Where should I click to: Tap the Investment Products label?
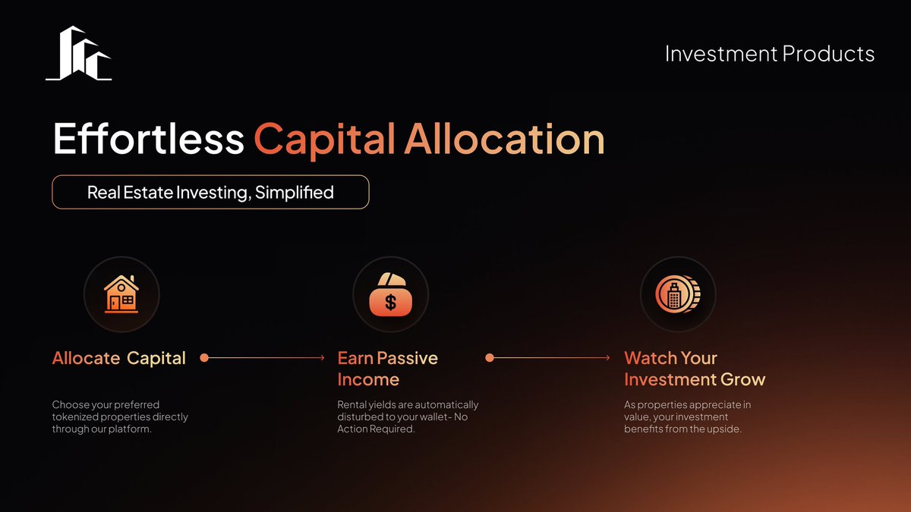tap(769, 54)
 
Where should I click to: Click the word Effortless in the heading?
tap(148, 139)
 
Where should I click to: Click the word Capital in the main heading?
tap(324, 139)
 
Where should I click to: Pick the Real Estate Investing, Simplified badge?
tap(210, 192)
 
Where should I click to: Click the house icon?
tap(121, 294)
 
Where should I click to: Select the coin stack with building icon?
tap(677, 294)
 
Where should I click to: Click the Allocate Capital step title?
tap(119, 358)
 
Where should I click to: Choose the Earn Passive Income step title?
tap(387, 368)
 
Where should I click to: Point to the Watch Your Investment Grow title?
tap(694, 368)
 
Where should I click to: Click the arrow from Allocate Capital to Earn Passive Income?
tap(266, 357)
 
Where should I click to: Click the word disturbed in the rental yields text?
tap(361, 416)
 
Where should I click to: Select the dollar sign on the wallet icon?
tap(390, 303)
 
